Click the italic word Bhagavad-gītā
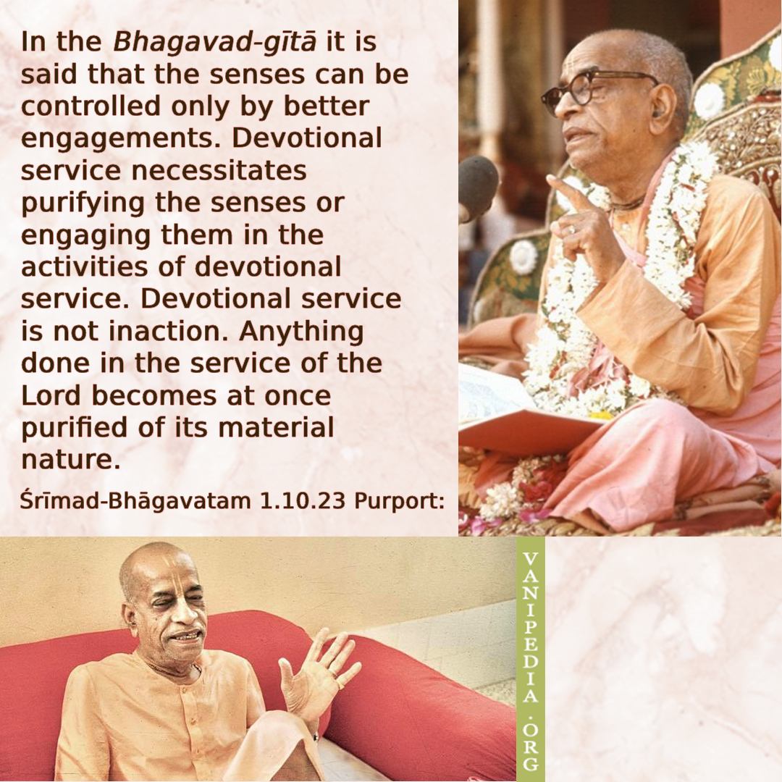[x=214, y=42]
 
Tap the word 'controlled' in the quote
[x=91, y=106]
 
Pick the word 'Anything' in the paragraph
[x=301, y=332]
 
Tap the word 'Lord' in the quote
[x=51, y=395]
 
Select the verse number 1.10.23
[x=303, y=501]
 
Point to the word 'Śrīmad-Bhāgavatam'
[x=135, y=501]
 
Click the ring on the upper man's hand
[x=571, y=229]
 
